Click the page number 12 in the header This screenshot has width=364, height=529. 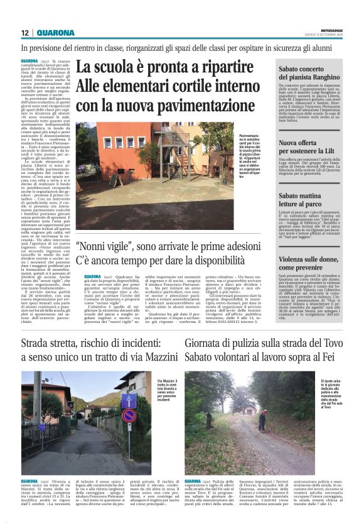[x=25, y=33]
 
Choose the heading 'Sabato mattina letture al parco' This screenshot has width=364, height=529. [x=306, y=201]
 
